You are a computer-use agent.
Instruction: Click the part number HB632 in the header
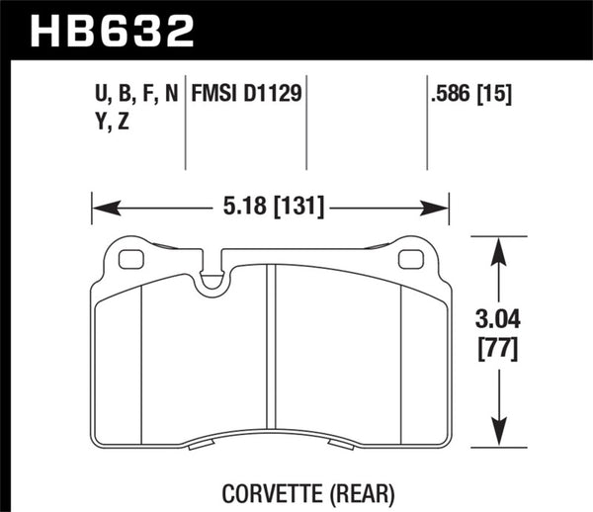[114, 30]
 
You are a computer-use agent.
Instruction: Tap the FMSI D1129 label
[247, 94]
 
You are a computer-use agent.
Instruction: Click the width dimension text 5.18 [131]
[271, 208]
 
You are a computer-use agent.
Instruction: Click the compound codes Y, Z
[114, 124]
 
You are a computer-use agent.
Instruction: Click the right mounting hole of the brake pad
[408, 261]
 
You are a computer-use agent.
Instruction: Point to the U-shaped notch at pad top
[210, 282]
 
